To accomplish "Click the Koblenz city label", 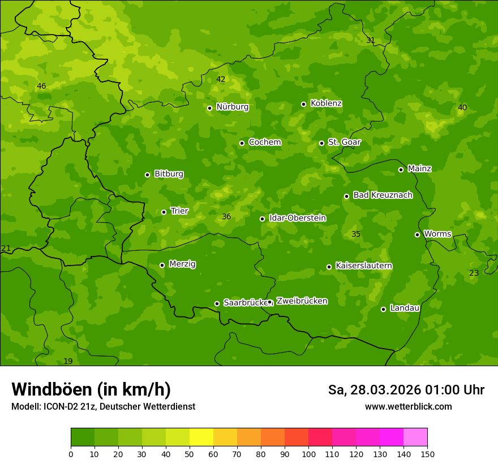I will pos(326,103).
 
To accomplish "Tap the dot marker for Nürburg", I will pos(209,108).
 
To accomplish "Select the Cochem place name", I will pos(264,142).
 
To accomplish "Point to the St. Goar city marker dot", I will pos(321,143).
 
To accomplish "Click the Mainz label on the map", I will pos(419,168).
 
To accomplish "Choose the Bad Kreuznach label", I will pos(383,195).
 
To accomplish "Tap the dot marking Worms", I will pos(417,234).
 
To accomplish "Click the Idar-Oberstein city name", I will pos(297,218).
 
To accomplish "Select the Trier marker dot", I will pos(164,212).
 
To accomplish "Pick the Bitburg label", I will pos(169,174).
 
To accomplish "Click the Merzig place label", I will pos(182,264).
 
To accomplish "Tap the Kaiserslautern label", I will pos(364,266).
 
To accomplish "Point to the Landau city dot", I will pos(383,309).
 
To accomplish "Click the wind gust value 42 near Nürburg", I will pos(221,80).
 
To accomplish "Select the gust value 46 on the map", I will pos(41,86).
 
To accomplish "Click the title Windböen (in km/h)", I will pos(91,389).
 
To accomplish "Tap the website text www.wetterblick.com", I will pos(408,406).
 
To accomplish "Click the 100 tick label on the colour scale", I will pos(308,454).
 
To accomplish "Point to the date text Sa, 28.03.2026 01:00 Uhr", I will pos(406,390).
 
